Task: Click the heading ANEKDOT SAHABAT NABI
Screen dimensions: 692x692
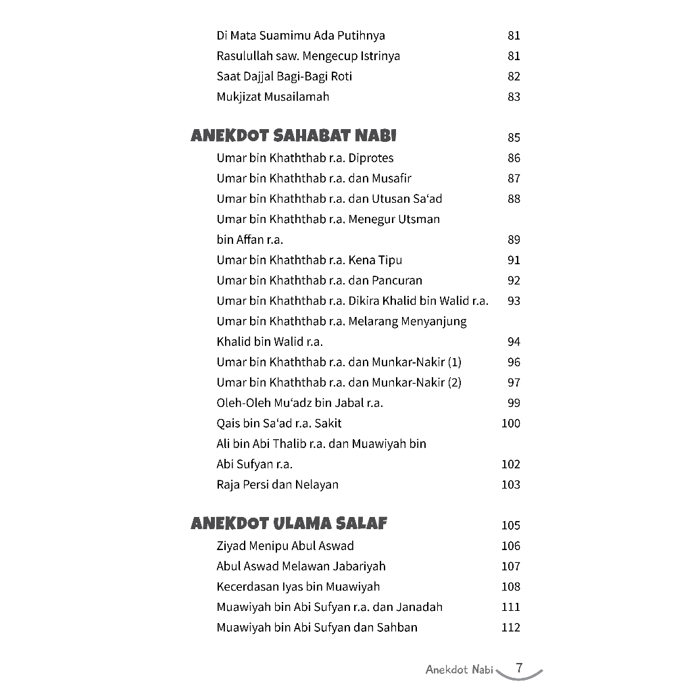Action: (x=293, y=137)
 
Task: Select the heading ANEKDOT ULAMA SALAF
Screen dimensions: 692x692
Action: (x=289, y=524)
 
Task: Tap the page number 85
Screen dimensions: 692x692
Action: (x=514, y=138)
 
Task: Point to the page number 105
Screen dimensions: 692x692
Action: (x=511, y=526)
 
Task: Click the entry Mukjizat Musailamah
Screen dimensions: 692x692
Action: (x=273, y=97)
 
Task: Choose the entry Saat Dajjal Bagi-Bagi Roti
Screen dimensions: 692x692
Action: (x=285, y=76)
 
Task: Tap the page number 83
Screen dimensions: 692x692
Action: (x=514, y=97)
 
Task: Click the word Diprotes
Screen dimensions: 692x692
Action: (x=370, y=158)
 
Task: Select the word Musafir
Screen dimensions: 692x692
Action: (x=391, y=178)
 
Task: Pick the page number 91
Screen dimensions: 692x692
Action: (x=514, y=260)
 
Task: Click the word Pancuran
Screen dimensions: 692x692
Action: (x=397, y=280)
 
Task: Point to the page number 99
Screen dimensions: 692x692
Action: (x=514, y=403)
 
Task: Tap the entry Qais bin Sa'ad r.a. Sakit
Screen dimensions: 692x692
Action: (x=279, y=423)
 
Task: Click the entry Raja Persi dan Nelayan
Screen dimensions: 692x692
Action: (x=278, y=485)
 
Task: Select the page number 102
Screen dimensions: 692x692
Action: (x=511, y=464)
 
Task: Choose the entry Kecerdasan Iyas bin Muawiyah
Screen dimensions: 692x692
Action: (x=298, y=587)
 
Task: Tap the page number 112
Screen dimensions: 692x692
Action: (x=511, y=628)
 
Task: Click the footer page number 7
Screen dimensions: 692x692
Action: (x=519, y=668)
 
